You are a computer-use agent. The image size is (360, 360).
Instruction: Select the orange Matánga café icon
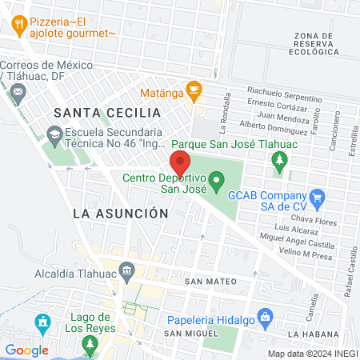192,88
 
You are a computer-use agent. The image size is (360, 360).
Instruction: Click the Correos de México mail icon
18,93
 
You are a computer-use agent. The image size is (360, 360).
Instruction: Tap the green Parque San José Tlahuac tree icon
279,163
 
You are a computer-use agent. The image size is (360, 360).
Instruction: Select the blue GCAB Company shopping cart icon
318,195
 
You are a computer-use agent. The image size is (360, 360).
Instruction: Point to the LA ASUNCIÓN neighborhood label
120,214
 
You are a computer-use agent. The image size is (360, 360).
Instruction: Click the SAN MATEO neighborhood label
210,282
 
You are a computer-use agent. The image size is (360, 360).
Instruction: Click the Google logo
27,350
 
